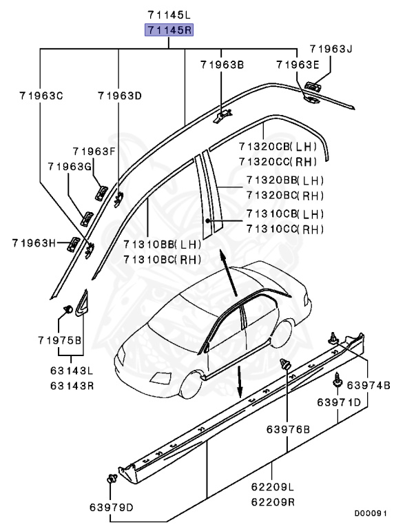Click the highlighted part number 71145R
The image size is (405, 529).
click(169, 30)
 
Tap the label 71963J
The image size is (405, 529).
click(330, 49)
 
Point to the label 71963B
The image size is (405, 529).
click(222, 65)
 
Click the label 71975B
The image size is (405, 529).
click(60, 340)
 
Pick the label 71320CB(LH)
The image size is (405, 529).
click(278, 147)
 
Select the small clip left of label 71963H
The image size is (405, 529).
click(73, 242)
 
